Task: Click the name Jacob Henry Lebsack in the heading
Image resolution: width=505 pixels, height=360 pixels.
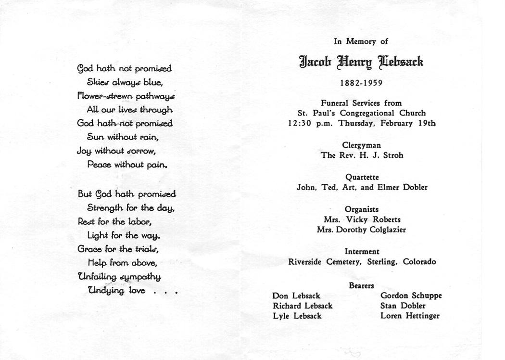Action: (x=361, y=62)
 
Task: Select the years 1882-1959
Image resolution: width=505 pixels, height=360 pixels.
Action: (x=361, y=83)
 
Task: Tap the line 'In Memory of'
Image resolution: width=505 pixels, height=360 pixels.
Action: (x=361, y=42)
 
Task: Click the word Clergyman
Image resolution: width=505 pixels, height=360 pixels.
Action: (x=361, y=145)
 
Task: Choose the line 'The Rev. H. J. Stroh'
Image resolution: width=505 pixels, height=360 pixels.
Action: (x=362, y=155)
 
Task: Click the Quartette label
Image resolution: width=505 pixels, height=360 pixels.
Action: (x=362, y=177)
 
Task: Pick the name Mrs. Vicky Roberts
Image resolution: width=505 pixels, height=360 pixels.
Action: (x=362, y=219)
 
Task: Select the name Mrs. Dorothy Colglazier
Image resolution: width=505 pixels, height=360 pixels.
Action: (x=361, y=230)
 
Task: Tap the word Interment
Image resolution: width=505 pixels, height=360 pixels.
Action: (x=362, y=251)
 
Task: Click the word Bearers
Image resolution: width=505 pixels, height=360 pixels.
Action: (x=362, y=285)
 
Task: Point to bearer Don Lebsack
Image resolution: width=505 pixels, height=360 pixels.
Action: (x=296, y=296)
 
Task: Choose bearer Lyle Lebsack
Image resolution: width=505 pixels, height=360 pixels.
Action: (x=297, y=316)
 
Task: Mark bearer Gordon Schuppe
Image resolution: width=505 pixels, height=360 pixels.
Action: (x=411, y=296)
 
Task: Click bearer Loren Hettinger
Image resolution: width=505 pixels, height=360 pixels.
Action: (x=410, y=316)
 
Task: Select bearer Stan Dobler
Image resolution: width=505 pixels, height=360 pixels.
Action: (x=403, y=306)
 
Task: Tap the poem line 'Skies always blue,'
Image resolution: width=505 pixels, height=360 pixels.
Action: (x=125, y=82)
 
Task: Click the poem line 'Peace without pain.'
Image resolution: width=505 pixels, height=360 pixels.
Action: (x=127, y=165)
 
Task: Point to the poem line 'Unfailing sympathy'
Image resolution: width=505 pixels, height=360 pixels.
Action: (x=119, y=277)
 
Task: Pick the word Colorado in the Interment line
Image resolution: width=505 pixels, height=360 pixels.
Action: (x=419, y=262)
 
